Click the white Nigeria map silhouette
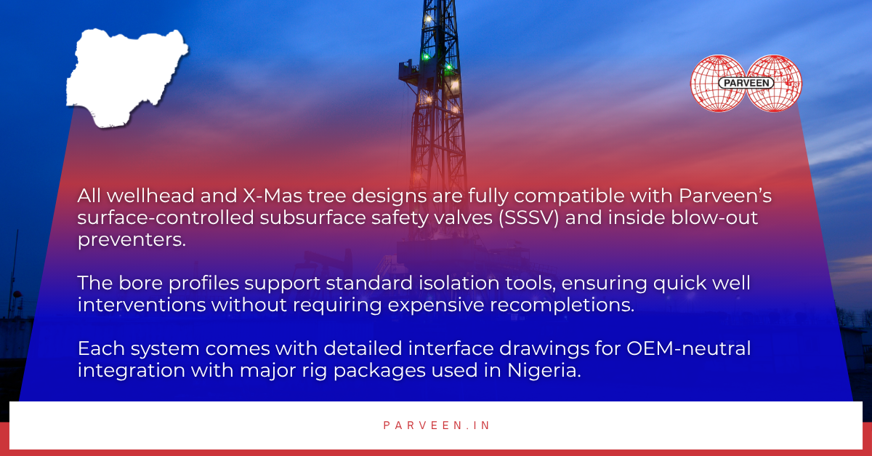tap(124, 76)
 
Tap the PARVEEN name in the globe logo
tap(746, 83)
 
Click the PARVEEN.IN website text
tap(437, 425)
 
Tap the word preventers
tap(132, 240)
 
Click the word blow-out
tap(730, 218)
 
